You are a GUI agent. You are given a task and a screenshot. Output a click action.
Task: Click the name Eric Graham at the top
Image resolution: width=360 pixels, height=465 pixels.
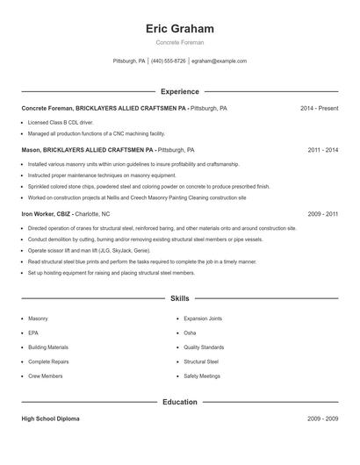(x=179, y=29)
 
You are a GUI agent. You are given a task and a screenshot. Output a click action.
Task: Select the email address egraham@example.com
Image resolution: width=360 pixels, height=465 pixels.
(x=219, y=61)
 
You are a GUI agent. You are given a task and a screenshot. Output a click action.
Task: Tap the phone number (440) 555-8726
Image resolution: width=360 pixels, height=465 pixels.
(x=169, y=61)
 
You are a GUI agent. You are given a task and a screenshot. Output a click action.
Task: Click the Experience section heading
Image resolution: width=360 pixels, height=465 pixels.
(x=179, y=91)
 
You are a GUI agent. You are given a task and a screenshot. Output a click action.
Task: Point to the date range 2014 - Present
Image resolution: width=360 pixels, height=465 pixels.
(x=319, y=108)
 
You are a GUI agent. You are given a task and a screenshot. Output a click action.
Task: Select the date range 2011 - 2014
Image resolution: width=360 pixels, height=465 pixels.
(x=323, y=150)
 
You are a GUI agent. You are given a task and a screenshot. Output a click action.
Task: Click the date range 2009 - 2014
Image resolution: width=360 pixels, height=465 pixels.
(x=323, y=213)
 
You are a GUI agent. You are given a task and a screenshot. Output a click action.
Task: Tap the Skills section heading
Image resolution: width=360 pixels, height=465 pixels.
(x=179, y=298)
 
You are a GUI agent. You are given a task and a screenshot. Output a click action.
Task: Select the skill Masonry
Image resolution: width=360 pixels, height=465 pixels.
(x=38, y=318)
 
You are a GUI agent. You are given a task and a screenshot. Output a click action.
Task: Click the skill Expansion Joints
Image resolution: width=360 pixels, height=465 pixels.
(x=204, y=318)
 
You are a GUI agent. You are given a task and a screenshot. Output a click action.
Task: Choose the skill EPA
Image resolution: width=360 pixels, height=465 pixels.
(x=33, y=333)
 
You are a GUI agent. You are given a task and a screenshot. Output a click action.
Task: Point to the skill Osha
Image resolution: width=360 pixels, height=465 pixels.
(x=191, y=333)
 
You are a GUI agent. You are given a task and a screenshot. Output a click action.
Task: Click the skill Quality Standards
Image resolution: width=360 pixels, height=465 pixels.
(x=204, y=347)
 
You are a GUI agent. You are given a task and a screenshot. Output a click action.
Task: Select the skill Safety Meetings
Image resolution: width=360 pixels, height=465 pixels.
(x=202, y=376)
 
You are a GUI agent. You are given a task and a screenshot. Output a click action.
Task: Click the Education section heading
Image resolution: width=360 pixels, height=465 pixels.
(x=179, y=402)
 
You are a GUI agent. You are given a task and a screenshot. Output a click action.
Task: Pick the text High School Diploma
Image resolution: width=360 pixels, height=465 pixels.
(x=50, y=419)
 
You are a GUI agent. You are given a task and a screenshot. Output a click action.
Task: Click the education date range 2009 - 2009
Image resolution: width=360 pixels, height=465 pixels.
(x=323, y=419)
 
